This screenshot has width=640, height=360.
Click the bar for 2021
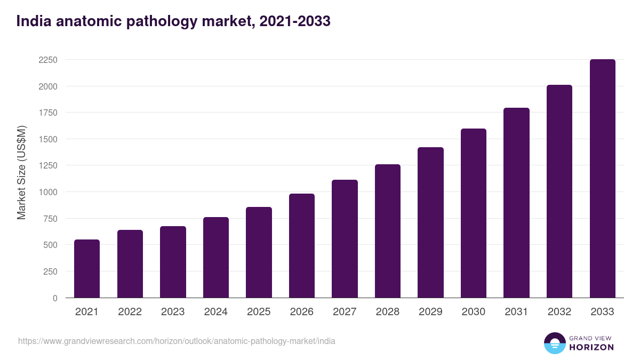(x=87, y=269)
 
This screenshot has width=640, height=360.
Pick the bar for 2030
(x=474, y=213)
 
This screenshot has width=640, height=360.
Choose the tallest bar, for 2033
(x=602, y=179)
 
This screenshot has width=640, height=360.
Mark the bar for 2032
(x=559, y=191)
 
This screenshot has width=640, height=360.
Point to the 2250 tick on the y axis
(x=47, y=60)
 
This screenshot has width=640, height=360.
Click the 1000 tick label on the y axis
(x=47, y=192)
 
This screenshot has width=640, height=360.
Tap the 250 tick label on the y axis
(x=50, y=271)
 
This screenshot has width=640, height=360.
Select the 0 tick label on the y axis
(x=55, y=298)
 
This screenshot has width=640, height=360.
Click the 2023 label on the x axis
(x=173, y=312)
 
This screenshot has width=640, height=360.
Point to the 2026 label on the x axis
(x=302, y=312)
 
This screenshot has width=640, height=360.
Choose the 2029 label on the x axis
(x=430, y=312)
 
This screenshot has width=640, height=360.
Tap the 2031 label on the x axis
(x=516, y=312)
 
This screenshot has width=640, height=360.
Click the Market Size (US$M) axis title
(x=21, y=172)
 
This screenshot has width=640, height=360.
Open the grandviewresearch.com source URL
(x=177, y=341)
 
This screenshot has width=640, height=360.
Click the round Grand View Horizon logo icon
(x=555, y=343)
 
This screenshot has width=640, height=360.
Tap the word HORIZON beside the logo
(x=591, y=347)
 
